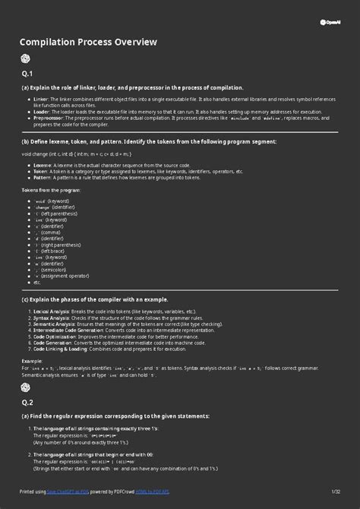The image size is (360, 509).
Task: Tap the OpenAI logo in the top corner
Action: (329, 22)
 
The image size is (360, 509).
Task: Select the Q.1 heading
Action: (27, 74)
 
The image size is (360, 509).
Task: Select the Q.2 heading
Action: (27, 402)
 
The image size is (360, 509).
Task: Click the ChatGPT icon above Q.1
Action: (26, 59)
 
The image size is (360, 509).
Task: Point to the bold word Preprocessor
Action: (48, 118)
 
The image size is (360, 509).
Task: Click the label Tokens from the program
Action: (51, 190)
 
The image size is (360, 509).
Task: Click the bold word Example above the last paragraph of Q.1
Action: (32, 362)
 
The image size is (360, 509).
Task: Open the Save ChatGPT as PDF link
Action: (66, 492)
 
